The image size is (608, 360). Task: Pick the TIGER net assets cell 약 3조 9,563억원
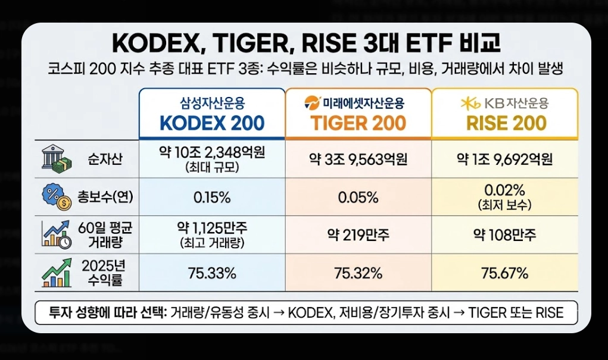coord(358,159)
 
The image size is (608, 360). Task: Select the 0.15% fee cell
coord(212,197)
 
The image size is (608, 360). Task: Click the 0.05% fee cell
coord(358,197)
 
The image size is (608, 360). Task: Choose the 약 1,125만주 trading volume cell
coord(212,228)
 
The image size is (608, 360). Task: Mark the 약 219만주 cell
coord(358,234)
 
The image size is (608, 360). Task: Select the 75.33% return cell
coord(212,273)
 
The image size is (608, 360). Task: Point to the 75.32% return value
coord(358,273)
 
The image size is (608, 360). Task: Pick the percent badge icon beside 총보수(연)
coord(54,196)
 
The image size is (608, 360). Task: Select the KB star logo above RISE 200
coord(470,104)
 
